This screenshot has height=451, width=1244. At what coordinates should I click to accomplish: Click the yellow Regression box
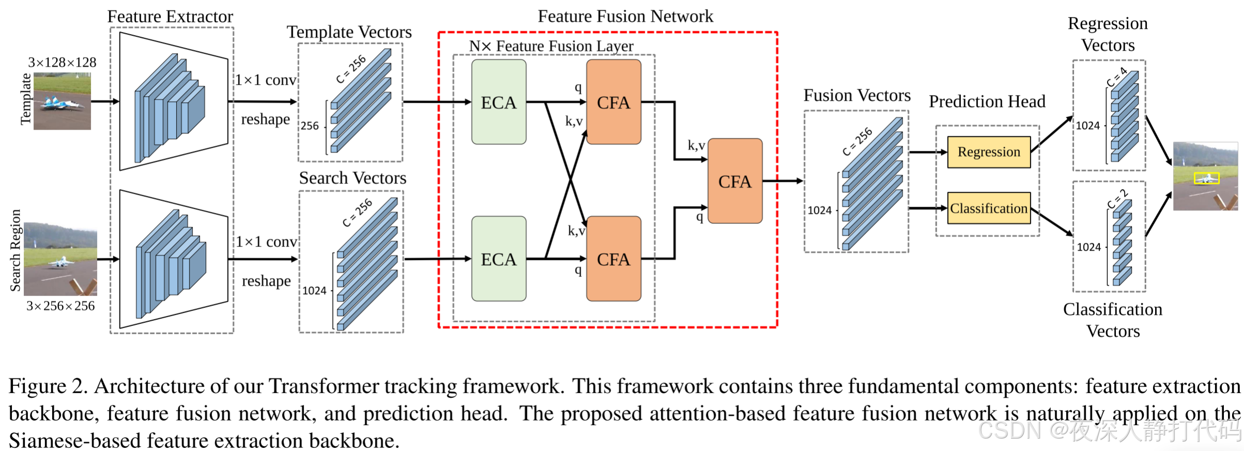click(x=988, y=152)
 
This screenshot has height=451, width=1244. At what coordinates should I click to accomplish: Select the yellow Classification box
click(x=988, y=208)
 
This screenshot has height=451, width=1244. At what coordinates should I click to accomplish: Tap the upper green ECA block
click(x=499, y=102)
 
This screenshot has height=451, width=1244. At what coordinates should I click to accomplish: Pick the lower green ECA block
click(x=499, y=259)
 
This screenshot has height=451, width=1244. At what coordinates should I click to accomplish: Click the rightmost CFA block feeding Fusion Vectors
click(x=735, y=181)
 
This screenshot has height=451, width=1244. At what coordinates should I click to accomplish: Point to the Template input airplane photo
click(x=62, y=101)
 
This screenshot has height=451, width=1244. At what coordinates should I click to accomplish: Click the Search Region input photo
click(x=60, y=259)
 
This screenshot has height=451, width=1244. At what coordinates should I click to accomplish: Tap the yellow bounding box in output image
click(x=1206, y=178)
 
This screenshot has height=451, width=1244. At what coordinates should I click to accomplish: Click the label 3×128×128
click(x=62, y=63)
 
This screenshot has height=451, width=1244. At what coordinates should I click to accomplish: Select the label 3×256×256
click(x=60, y=306)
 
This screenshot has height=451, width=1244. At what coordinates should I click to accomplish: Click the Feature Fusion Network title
click(x=625, y=16)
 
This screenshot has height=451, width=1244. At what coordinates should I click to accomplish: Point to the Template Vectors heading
click(x=349, y=32)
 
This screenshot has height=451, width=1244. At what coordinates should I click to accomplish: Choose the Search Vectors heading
click(x=352, y=178)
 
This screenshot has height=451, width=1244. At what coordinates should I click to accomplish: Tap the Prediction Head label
click(x=987, y=101)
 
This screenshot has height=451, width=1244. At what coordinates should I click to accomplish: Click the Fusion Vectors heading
click(x=857, y=96)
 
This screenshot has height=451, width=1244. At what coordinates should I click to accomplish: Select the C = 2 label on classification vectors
click(x=1117, y=199)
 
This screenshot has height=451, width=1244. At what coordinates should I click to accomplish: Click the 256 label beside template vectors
click(x=310, y=126)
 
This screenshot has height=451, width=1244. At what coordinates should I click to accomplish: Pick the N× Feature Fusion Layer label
click(x=551, y=46)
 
